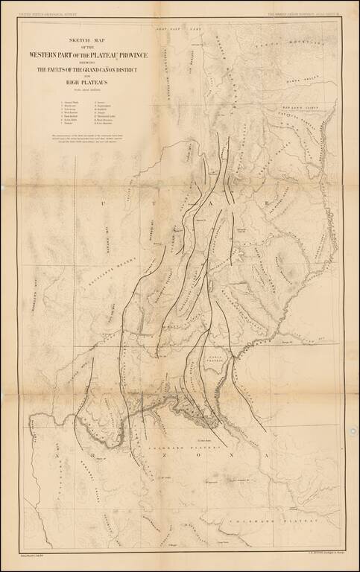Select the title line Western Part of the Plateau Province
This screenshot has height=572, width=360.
pyautogui.click(x=89, y=54)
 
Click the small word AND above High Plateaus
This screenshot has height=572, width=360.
pyautogui.click(x=89, y=77)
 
